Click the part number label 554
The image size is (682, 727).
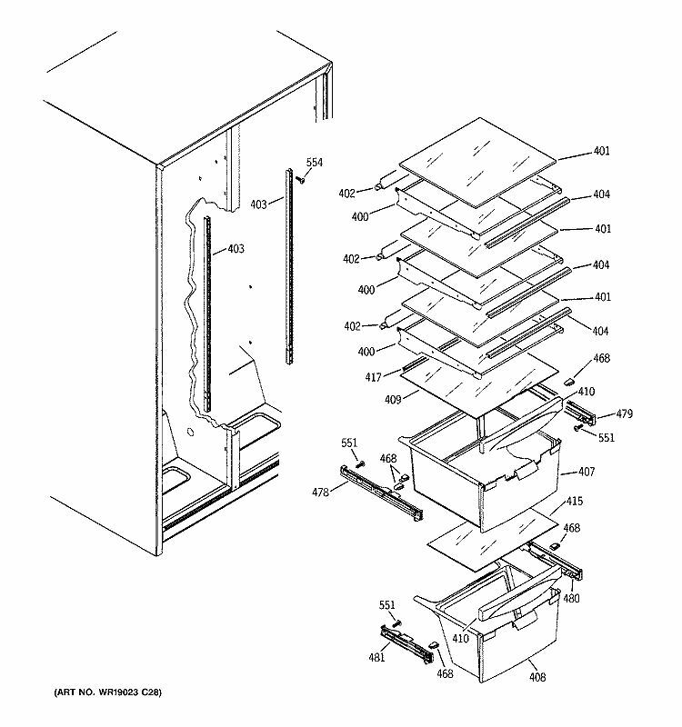[313, 163]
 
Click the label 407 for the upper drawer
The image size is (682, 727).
[571, 473]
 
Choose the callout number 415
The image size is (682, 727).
[575, 502]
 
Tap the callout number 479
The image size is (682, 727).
[622, 414]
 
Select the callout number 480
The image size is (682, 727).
[570, 599]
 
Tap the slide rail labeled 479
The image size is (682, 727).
[581, 414]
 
